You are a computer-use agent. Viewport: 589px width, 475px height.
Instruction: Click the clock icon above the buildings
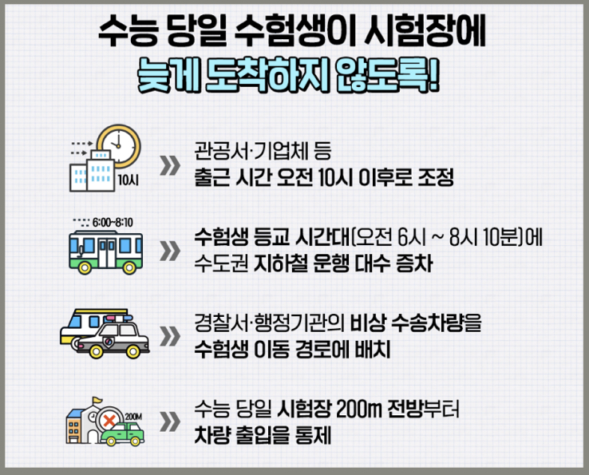click(x=120, y=144)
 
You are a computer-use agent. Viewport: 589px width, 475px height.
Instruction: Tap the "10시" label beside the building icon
click(x=128, y=179)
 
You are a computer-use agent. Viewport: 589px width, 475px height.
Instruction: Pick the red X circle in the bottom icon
click(x=107, y=419)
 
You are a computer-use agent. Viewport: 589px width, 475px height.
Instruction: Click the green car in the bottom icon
click(x=128, y=433)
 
